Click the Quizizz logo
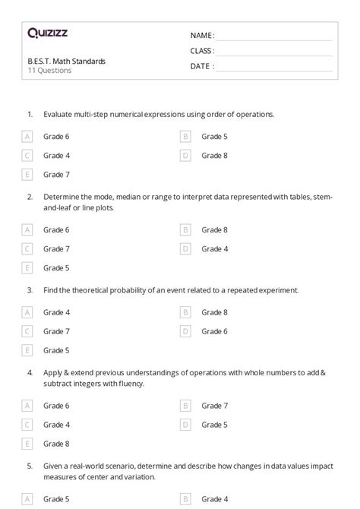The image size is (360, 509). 48,33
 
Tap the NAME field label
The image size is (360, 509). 202,36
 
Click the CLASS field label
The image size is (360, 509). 202,51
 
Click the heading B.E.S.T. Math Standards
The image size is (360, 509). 66,61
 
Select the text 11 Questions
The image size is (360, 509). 49,71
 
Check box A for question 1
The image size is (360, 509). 27,137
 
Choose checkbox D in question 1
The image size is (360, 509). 185,156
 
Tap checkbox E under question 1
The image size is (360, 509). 27,175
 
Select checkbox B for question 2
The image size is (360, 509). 185,229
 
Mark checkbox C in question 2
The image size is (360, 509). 27,248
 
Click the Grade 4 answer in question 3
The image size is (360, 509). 56,312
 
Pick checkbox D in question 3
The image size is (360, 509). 185,331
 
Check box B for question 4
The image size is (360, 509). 185,406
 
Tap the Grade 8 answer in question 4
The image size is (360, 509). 56,444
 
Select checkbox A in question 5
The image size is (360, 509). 27,499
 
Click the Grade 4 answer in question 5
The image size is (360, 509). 214,499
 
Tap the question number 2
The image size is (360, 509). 30,196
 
